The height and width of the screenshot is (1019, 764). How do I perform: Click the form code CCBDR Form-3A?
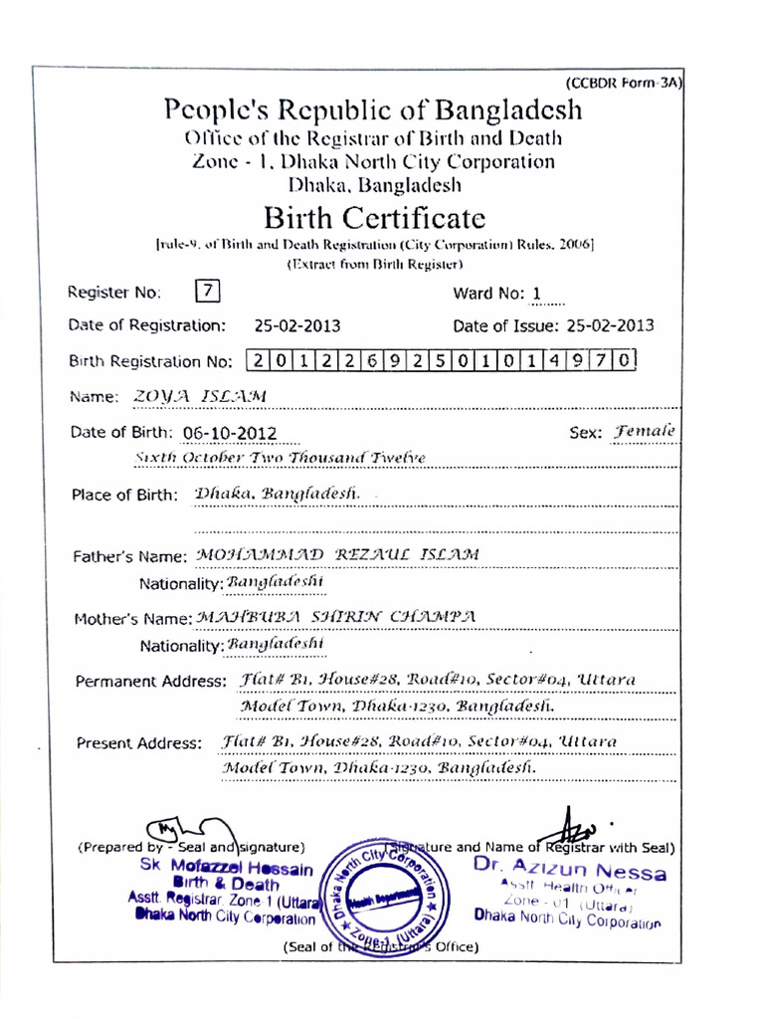[x=624, y=84]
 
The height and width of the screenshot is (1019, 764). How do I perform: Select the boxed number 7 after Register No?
[x=207, y=292]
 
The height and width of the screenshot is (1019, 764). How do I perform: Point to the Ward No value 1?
[x=537, y=294]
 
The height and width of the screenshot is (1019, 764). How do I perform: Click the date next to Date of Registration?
[x=297, y=325]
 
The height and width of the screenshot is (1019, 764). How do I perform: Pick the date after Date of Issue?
[x=610, y=325]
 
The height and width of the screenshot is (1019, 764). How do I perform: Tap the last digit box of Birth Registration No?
[x=623, y=360]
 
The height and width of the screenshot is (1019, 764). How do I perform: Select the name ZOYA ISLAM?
[x=201, y=396]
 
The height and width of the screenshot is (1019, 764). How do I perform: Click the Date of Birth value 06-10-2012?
[x=230, y=433]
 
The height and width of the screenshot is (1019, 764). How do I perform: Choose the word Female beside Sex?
[x=644, y=432]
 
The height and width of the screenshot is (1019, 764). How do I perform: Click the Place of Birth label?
[x=125, y=495]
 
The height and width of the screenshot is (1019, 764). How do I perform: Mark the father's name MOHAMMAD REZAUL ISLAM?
[x=337, y=554]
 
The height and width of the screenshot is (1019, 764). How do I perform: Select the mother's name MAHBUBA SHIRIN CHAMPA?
[x=335, y=617]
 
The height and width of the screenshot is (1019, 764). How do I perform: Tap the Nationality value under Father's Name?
[x=276, y=581]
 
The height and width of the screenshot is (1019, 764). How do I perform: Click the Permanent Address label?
[x=151, y=682]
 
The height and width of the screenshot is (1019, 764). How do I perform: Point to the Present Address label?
[x=139, y=743]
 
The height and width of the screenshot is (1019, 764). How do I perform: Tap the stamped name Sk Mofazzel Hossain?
[x=227, y=869]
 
